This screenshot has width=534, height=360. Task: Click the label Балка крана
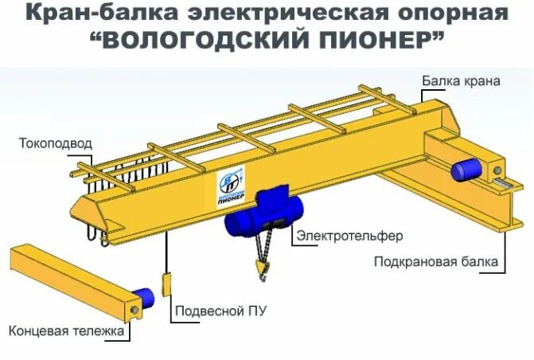[461, 81]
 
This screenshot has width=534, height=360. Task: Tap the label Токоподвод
[56, 144]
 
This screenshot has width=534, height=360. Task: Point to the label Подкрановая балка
[436, 261]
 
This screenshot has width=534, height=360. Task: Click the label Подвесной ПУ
[220, 311]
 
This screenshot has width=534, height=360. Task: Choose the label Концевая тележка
[67, 330]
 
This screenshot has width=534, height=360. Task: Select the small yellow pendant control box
[167, 285]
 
